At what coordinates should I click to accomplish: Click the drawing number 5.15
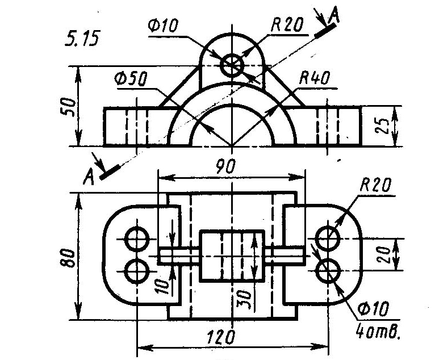click(82, 38)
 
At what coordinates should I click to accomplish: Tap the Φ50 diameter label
click(130, 79)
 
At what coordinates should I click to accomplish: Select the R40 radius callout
click(315, 78)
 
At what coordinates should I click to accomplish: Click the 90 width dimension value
click(225, 166)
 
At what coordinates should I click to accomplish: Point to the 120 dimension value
click(221, 337)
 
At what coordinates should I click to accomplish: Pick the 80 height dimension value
click(68, 258)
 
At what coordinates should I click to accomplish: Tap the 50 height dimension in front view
click(68, 107)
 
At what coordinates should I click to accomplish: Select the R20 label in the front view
click(287, 24)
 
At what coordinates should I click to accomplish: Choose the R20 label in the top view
click(376, 185)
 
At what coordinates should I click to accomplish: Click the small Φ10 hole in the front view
click(232, 66)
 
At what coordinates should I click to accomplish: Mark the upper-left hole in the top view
click(137, 239)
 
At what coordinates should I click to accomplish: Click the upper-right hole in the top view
click(328, 238)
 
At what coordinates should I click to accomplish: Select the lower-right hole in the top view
click(328, 271)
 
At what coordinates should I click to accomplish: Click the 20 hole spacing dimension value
click(384, 254)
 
